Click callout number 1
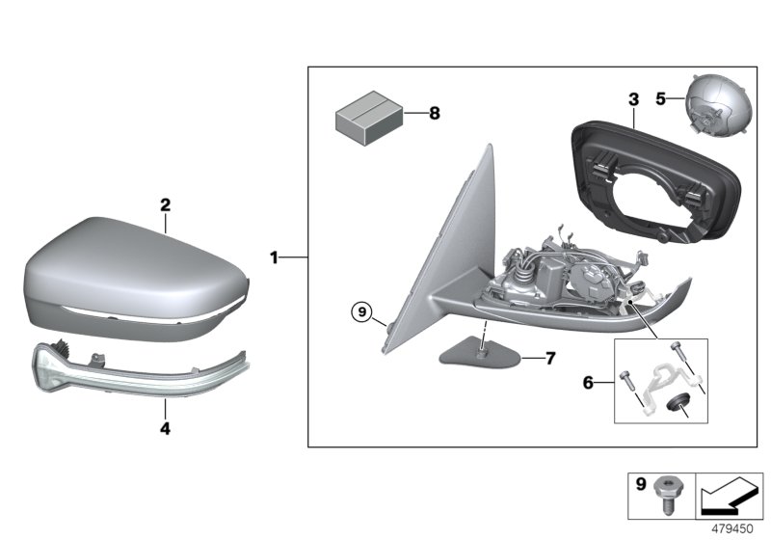click(x=274, y=257)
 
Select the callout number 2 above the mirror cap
click(x=165, y=205)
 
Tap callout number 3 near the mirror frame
click(x=633, y=99)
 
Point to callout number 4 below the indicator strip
click(x=165, y=428)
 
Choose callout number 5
click(x=660, y=98)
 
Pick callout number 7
click(x=550, y=358)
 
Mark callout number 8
click(x=434, y=114)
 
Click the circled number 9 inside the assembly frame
click(x=361, y=310)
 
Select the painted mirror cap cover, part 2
click(x=135, y=275)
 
